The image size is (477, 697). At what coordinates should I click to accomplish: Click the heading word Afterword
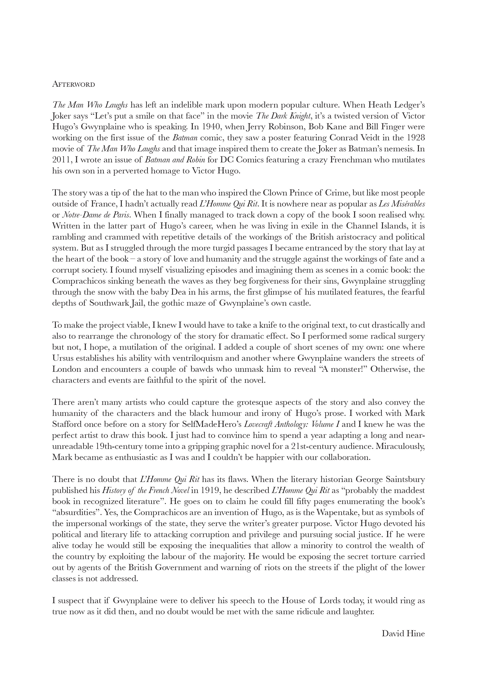73,84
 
